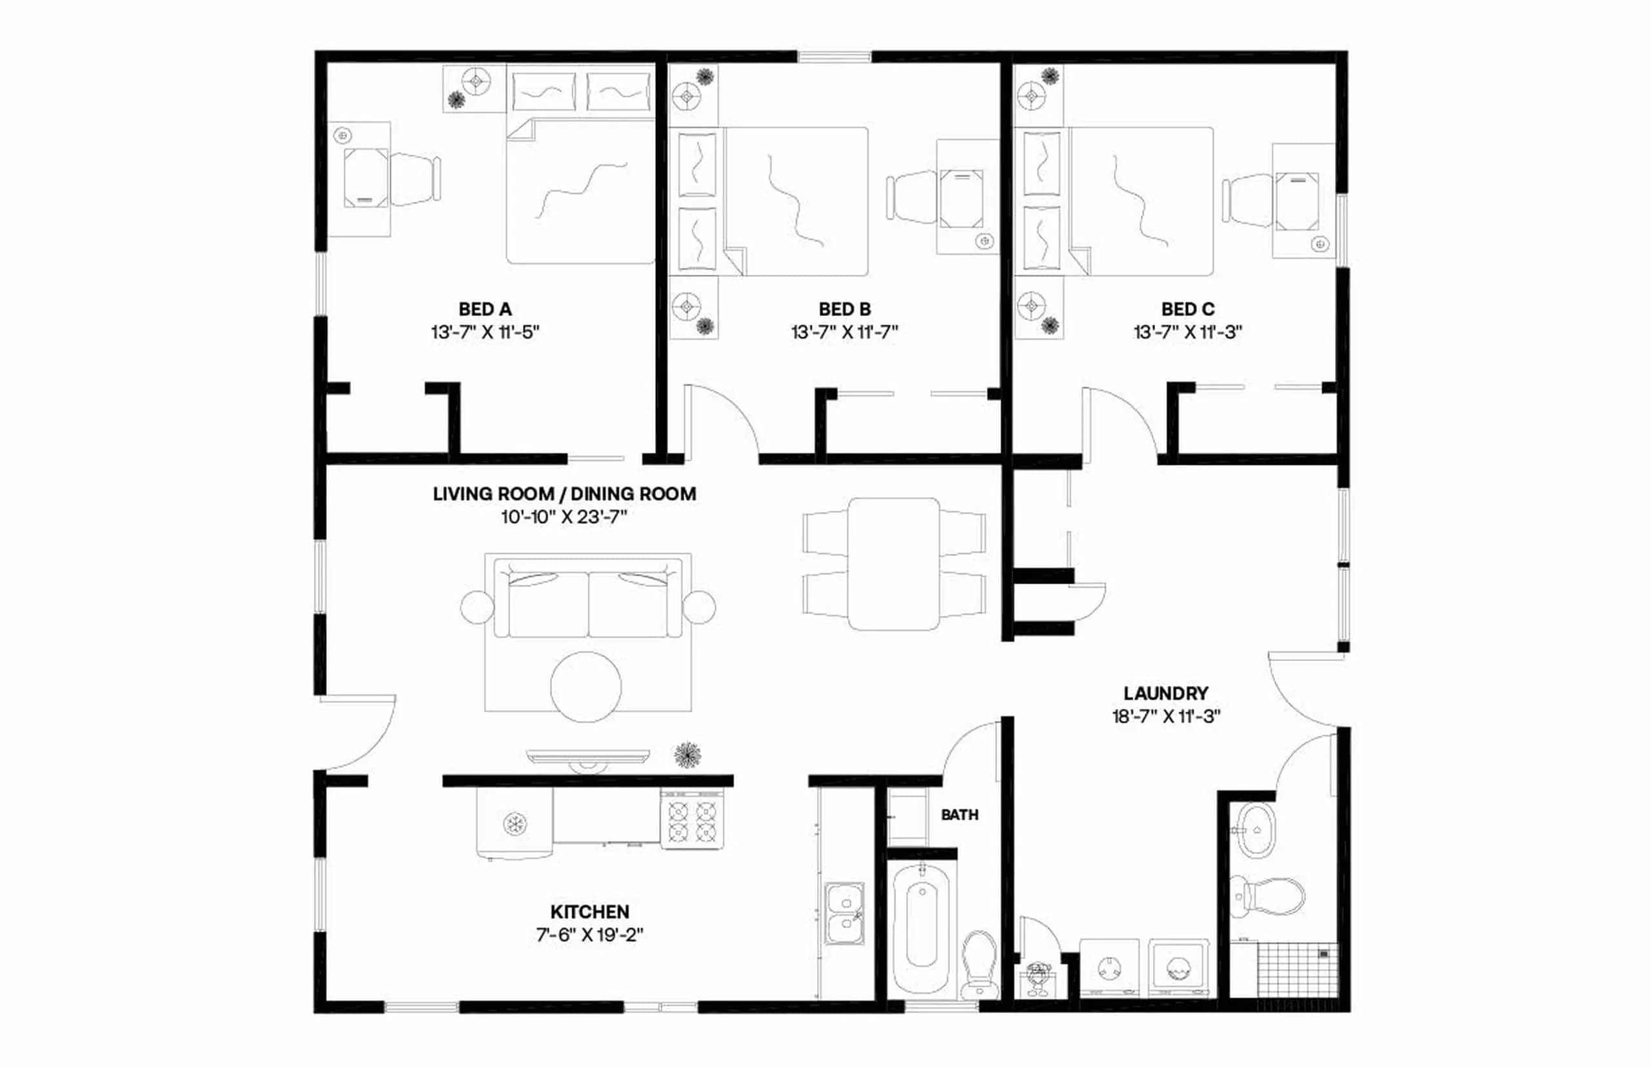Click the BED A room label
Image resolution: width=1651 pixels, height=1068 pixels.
pyautogui.click(x=485, y=310)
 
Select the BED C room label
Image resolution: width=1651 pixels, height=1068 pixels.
pyautogui.click(x=1188, y=310)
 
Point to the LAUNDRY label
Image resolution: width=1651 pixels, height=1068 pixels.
pyautogui.click(x=1165, y=693)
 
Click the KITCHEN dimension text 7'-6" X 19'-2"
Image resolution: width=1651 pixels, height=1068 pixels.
pyautogui.click(x=589, y=935)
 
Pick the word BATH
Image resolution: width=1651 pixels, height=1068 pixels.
pyautogui.click(x=960, y=816)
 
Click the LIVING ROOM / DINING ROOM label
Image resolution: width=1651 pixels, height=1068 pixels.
pyautogui.click(x=564, y=494)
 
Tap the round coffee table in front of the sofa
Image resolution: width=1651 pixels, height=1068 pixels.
pyautogui.click(x=586, y=687)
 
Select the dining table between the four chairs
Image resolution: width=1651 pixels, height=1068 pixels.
pyautogui.click(x=894, y=563)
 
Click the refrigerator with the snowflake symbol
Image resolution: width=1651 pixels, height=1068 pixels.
pyautogui.click(x=515, y=824)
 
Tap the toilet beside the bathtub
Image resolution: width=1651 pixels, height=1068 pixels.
pyautogui.click(x=979, y=960)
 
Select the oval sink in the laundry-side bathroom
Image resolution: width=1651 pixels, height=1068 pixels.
pyautogui.click(x=1257, y=829)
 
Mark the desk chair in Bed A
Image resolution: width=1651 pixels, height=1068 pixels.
pyautogui.click(x=415, y=179)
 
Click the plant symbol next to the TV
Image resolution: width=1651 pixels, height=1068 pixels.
pyautogui.click(x=687, y=755)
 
